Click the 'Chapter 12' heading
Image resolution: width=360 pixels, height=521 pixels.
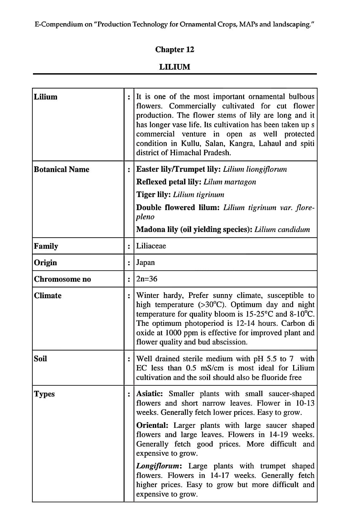[175, 49]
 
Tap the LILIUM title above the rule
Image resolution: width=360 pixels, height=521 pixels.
[175, 67]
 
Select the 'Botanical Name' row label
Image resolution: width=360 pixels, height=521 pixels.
[61, 169]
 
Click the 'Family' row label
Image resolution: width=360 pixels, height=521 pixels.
[46, 246]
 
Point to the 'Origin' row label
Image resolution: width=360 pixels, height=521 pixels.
[45, 262]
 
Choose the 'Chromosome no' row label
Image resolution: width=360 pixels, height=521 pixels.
[62, 279]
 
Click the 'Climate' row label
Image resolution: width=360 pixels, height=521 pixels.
[48, 295]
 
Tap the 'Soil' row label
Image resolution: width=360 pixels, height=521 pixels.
[40, 358]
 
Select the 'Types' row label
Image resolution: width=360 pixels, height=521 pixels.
[44, 394]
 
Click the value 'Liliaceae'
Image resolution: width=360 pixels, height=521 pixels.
[151, 246]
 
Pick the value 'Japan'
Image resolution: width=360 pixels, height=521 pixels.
[145, 262]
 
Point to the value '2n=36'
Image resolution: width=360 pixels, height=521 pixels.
[147, 279]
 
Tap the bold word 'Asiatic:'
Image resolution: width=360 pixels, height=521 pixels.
[150, 394]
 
